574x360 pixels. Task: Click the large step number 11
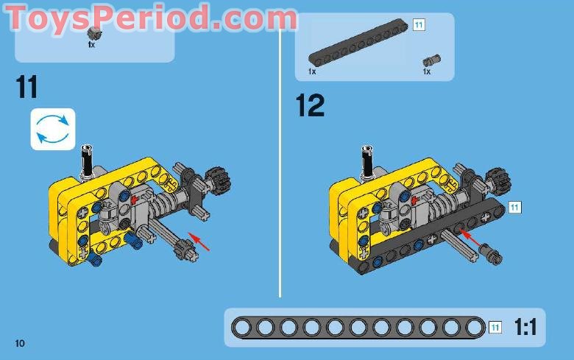click(26, 87)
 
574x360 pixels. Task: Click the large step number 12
click(310, 105)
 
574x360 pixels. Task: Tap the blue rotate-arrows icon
click(52, 130)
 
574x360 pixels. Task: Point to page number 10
click(19, 343)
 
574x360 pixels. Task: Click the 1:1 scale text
click(525, 328)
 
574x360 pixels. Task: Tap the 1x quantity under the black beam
click(312, 71)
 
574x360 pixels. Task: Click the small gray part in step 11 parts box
click(92, 32)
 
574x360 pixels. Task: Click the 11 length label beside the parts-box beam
click(419, 25)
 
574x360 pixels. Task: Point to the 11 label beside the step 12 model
click(514, 207)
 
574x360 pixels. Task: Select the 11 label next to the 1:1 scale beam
click(495, 327)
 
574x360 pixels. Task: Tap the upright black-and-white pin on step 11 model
click(87, 159)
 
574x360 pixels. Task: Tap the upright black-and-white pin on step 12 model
click(366, 159)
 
